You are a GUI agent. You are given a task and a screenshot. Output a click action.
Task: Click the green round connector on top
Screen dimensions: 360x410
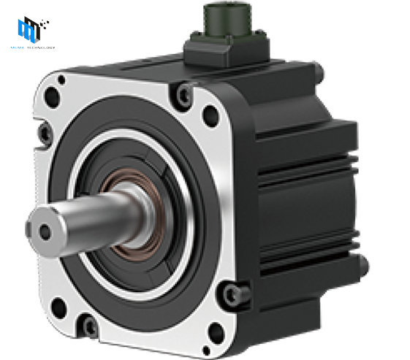point(224,20)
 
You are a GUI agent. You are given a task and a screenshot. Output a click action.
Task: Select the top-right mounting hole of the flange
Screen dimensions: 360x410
point(210,113)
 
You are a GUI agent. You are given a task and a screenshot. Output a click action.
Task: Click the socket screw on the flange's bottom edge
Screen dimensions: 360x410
point(90,326)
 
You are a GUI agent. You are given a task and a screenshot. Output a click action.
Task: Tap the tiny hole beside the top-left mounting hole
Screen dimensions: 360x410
point(61,80)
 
